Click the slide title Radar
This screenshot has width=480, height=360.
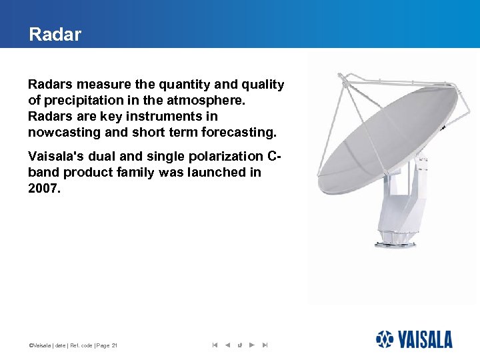(x=55, y=35)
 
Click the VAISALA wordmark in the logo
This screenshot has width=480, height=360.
(x=425, y=340)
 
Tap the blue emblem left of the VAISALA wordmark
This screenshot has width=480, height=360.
(x=385, y=340)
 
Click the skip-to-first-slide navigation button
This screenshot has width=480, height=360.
(x=215, y=345)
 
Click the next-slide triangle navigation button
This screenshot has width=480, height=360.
(x=251, y=345)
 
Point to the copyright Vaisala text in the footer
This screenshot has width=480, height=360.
(x=39, y=345)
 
